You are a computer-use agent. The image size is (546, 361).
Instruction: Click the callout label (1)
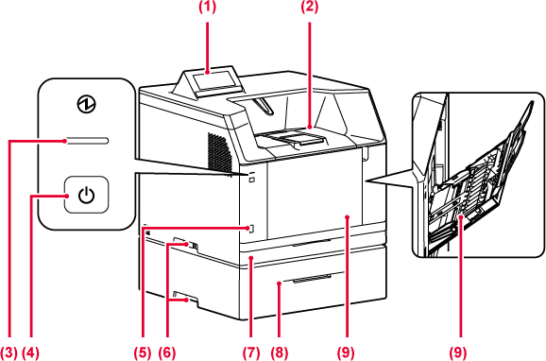[207, 7]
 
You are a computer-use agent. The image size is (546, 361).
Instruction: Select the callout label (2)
[310, 7]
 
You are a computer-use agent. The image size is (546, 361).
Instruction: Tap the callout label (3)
[9, 353]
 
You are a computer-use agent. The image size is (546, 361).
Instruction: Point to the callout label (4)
[30, 353]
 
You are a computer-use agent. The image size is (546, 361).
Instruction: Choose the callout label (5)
[143, 353]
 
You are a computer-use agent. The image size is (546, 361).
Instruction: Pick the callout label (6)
[167, 353]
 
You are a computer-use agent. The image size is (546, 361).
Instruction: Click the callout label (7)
[251, 353]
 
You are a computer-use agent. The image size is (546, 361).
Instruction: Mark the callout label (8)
[280, 353]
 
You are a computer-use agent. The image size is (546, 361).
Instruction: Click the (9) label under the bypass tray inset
[457, 353]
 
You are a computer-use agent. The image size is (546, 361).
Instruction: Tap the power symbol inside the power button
[86, 195]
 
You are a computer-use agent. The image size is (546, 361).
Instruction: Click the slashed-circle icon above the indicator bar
[86, 104]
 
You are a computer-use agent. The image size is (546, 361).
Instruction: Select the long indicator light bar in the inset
[87, 141]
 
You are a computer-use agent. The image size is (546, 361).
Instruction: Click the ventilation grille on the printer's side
[220, 152]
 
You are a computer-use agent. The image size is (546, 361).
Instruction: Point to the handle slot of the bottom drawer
[312, 279]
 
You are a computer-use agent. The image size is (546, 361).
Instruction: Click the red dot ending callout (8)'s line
[280, 284]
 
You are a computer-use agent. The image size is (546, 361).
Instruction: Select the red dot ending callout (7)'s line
[251, 258]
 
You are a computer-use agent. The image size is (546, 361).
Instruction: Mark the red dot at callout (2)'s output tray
[310, 128]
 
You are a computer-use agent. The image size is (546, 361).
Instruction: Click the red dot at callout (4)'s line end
[66, 197]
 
